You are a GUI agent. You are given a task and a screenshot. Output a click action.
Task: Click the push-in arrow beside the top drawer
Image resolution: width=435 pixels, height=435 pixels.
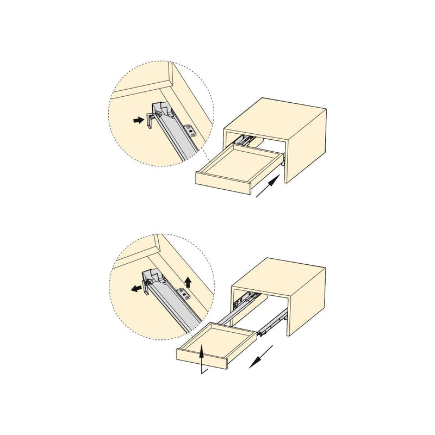pos(269,188)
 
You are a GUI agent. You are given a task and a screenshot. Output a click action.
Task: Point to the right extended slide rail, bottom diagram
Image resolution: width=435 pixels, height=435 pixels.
pos(270,326)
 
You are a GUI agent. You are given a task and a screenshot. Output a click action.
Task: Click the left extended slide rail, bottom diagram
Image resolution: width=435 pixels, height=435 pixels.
pos(228,316)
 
